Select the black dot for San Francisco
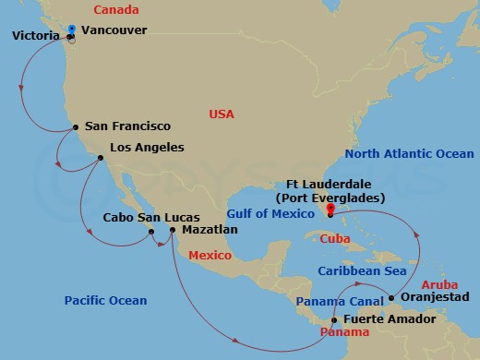click(x=76, y=127)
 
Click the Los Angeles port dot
click(x=100, y=158)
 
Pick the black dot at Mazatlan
click(x=172, y=229)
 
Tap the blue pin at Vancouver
click(x=73, y=28)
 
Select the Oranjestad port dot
click(x=392, y=297)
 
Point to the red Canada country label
click(x=117, y=10)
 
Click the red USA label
click(x=222, y=114)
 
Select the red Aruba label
click(x=438, y=286)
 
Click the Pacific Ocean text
click(x=105, y=300)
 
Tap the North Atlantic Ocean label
click(x=409, y=154)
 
